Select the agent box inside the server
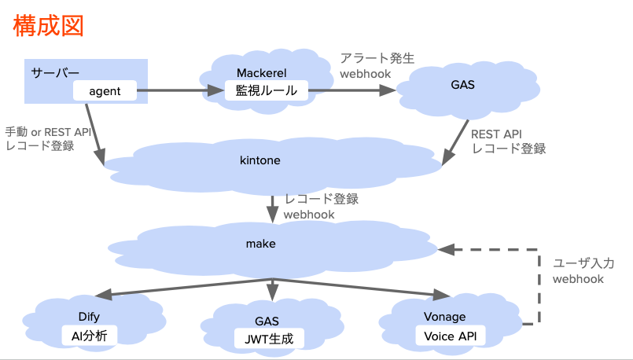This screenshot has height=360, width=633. click(x=105, y=91)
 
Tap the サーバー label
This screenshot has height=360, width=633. click(x=55, y=72)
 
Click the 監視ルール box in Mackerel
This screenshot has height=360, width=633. click(x=267, y=91)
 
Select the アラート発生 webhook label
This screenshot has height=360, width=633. click(x=377, y=65)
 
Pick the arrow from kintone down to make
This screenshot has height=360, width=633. click(x=272, y=208)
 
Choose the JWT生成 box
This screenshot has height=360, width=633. click(x=269, y=339)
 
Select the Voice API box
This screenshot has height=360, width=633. click(x=450, y=336)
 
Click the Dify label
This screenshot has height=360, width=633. click(x=89, y=318)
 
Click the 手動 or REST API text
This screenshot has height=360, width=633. click(x=48, y=132)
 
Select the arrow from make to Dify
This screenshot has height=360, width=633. click(x=181, y=288)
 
